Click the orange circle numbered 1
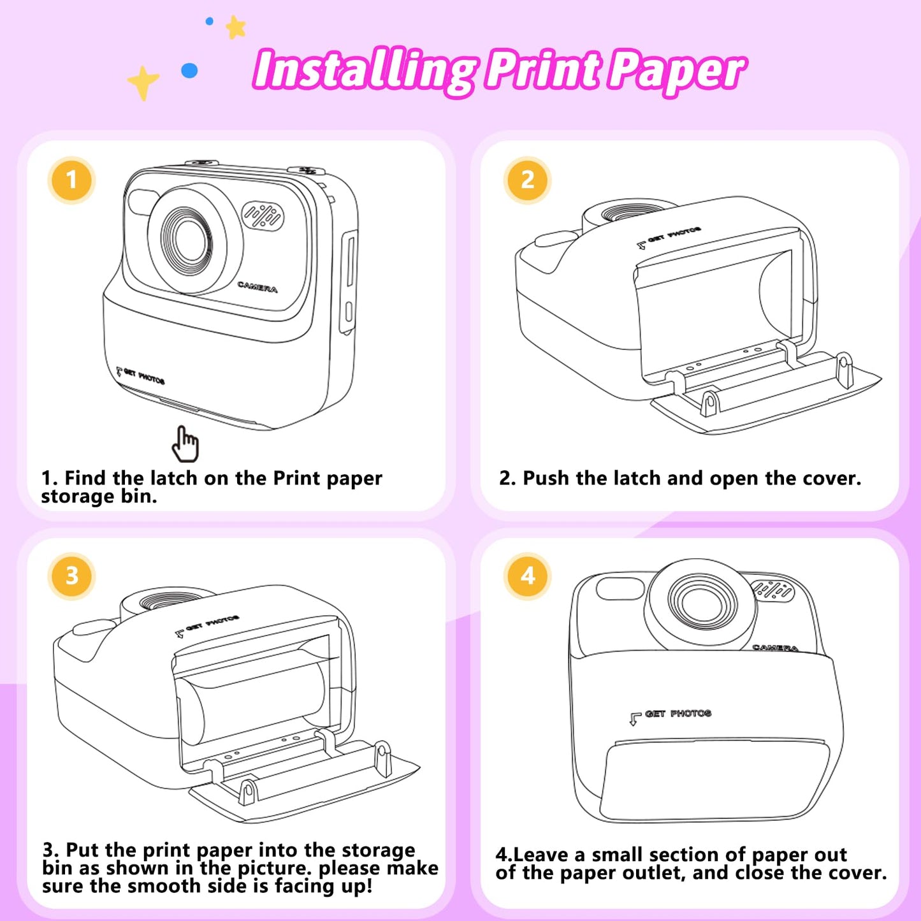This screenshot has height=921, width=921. click(x=71, y=180)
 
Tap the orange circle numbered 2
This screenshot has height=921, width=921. click(x=527, y=180)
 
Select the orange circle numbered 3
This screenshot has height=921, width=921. click(x=71, y=576)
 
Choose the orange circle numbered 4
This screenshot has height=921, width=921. click(x=527, y=576)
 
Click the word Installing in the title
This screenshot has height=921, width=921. click(x=365, y=70)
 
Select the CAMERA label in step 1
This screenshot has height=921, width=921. click(x=257, y=287)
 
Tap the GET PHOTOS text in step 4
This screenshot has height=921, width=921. click(x=678, y=714)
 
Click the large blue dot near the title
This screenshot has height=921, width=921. click(x=189, y=71)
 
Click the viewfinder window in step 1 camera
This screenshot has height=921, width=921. click(x=142, y=202)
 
